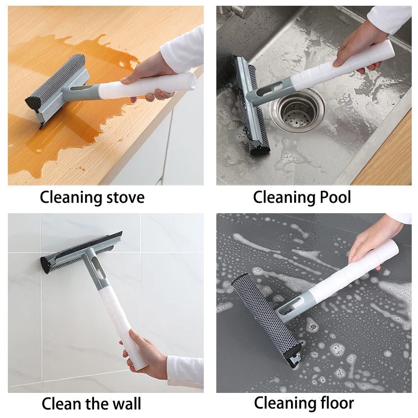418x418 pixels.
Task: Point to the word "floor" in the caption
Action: pyautogui.click(x=334, y=403)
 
